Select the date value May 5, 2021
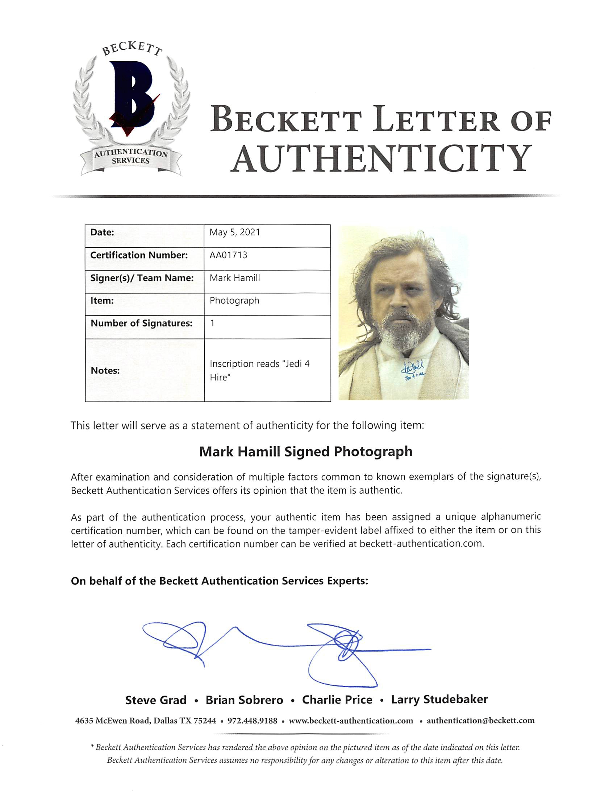235,232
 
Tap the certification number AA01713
228,255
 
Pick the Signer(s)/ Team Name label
142,278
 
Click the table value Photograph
234,301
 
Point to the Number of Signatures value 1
212,323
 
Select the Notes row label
105,371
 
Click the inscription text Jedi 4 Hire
259,370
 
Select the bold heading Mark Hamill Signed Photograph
306,451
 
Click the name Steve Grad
156,700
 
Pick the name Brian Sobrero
244,700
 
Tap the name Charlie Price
337,700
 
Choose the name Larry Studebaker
439,699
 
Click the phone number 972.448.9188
252,721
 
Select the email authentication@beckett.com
480,721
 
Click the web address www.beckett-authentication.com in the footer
351,721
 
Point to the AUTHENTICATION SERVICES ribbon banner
131,157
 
